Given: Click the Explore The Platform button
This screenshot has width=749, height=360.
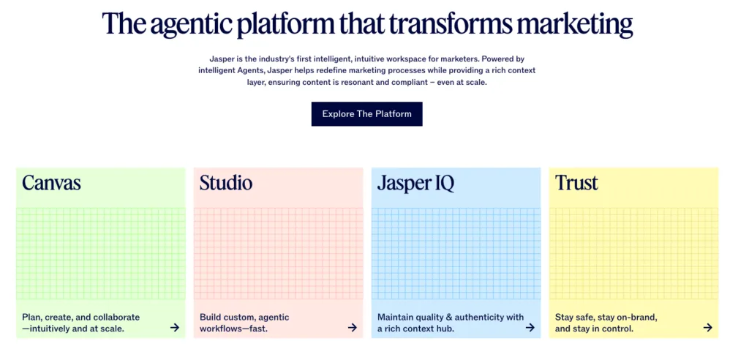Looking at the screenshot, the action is [367, 114].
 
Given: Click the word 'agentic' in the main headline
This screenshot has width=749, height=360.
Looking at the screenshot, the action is [190, 24].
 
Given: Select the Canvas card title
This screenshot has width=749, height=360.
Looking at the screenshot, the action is [51, 183].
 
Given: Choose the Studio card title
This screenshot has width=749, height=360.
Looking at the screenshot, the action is [226, 183].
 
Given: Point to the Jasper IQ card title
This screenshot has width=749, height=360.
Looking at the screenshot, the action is [415, 184].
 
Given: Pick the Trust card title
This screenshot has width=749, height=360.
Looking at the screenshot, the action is [576, 183].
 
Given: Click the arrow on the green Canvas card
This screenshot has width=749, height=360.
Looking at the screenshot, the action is [175, 328].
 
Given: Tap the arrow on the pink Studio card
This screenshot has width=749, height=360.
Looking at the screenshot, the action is [353, 328].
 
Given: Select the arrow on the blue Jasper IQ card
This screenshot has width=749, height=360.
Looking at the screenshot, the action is [530, 328].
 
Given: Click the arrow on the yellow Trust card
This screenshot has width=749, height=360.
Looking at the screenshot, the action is [708, 328].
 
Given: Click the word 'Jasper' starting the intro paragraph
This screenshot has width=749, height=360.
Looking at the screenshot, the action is [221, 59].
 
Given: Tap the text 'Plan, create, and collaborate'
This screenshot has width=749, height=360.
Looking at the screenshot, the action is [80, 318].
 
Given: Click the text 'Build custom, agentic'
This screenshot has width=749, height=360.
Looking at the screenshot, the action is [244, 318].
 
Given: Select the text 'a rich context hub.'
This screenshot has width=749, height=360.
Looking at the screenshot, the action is [415, 329].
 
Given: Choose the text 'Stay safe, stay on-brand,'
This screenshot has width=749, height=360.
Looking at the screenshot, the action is [606, 318].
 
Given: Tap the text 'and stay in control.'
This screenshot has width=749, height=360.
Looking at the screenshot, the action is [594, 329].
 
